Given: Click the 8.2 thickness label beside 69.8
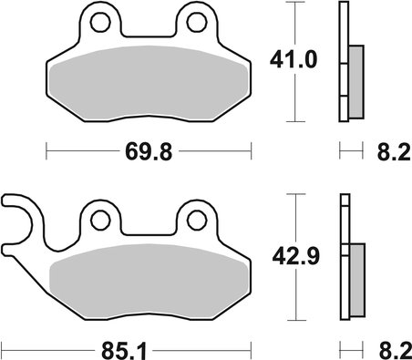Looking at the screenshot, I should tap(386, 149).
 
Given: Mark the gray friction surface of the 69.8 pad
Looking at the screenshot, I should tap(148, 87).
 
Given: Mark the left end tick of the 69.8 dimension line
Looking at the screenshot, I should tap(45, 149).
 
